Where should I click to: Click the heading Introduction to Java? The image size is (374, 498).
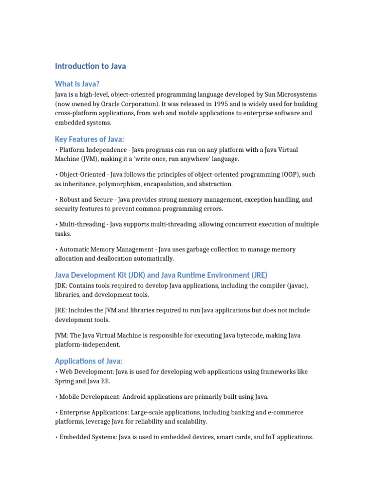[x=90, y=66]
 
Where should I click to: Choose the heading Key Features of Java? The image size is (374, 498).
[x=90, y=139]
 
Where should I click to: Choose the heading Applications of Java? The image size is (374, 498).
[x=89, y=361]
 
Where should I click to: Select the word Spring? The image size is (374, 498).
[x=65, y=381]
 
